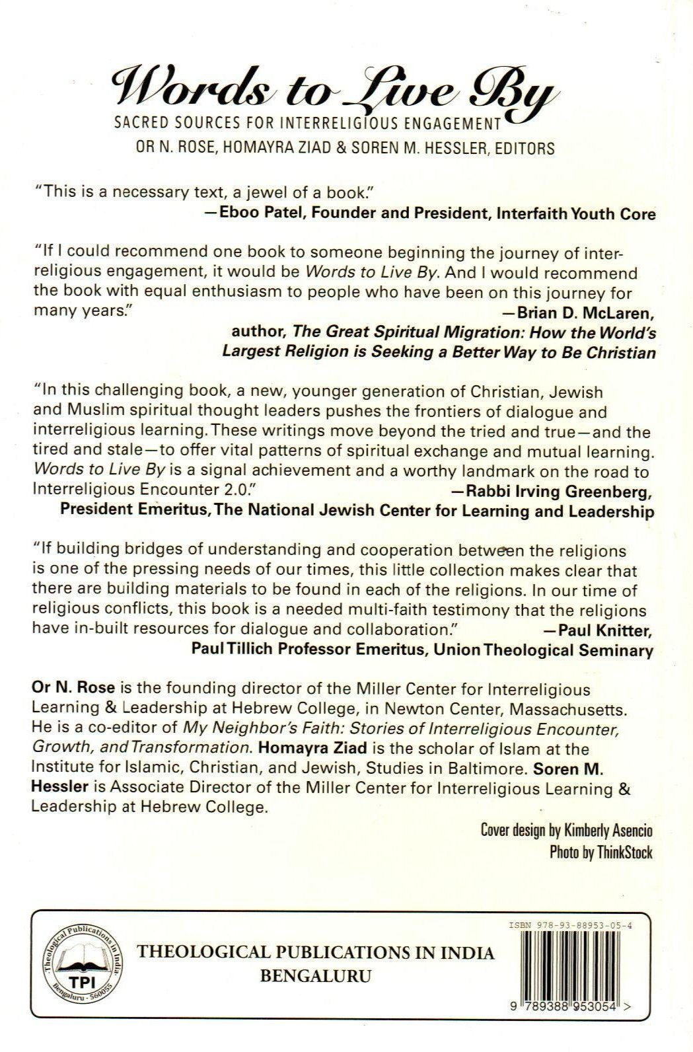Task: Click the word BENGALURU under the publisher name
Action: tap(315, 976)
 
